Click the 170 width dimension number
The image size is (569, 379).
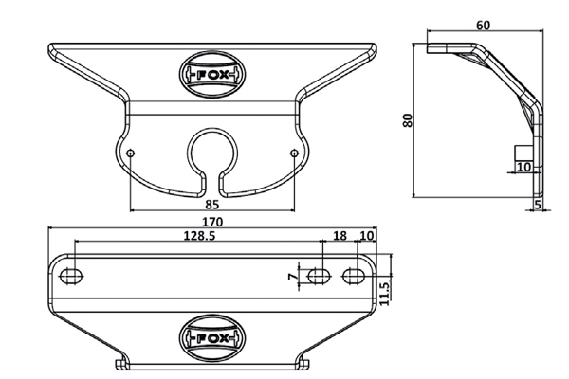pos(211,221)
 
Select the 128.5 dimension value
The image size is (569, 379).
pos(199,236)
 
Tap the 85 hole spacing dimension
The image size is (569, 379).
pos(211,205)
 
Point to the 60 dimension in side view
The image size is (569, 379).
pos(483,26)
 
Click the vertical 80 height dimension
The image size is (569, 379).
pos(408,120)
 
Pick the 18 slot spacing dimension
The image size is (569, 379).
pos(340,236)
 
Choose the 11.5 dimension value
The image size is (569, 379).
pos(385,294)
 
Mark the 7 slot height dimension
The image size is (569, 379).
pos(292,277)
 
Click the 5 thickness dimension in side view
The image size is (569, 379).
pos(538,205)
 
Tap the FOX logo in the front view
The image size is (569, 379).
pos(211,75)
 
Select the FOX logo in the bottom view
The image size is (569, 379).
pos(211,338)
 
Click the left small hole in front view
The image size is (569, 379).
pos(131,153)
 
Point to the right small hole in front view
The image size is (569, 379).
pos(294,153)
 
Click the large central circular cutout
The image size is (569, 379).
pos(211,128)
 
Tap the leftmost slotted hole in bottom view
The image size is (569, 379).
pos(71,277)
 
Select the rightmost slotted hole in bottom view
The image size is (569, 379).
pos(354,277)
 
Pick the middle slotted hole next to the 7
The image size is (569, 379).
pos(319,277)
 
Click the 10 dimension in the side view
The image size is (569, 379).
pos(523,167)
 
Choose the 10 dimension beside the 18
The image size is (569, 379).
pos(366,236)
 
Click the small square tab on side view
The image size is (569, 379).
pos(523,153)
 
